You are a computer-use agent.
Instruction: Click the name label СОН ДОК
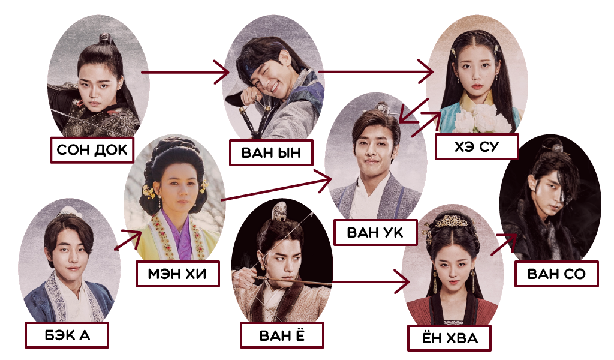[x=92, y=149]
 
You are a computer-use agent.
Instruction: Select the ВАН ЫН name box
[x=272, y=152]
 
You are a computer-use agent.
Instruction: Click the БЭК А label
[x=67, y=335]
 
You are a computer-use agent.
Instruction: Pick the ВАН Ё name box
[x=282, y=334]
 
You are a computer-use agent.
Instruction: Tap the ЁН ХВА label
[x=450, y=338]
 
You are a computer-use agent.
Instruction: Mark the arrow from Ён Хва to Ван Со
[x=503, y=245]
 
